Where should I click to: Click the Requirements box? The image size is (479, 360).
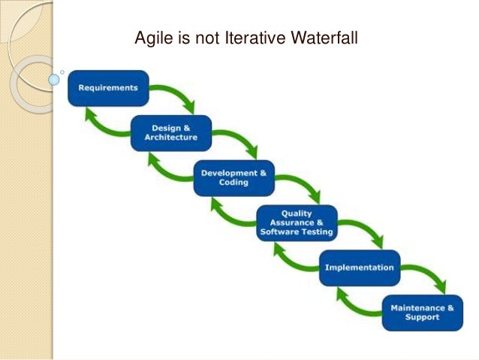108,88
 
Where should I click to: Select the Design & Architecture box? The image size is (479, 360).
171,133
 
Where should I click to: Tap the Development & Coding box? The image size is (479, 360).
233,178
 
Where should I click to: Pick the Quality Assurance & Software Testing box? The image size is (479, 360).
296,223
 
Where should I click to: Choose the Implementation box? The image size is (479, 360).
359,268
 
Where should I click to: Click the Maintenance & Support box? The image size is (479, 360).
422,313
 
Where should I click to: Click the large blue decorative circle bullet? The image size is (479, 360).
54,78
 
